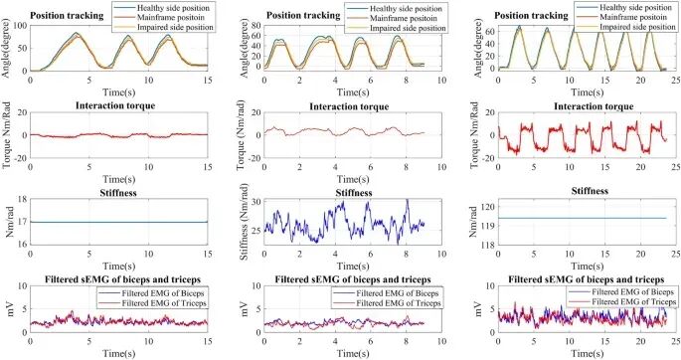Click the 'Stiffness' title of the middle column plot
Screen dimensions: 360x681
(x=344, y=192)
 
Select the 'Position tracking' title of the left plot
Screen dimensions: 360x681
(x=71, y=15)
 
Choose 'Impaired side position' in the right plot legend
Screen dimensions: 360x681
(x=633, y=29)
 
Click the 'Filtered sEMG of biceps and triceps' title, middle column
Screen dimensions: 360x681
(x=344, y=279)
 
